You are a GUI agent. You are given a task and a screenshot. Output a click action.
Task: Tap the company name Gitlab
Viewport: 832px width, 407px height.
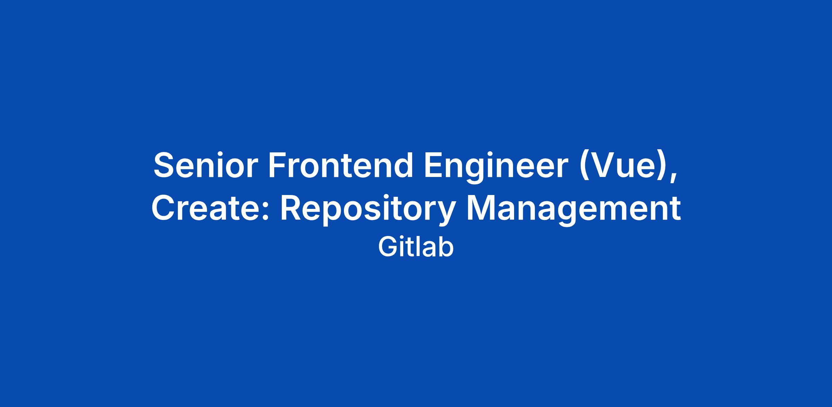point(416,247)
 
